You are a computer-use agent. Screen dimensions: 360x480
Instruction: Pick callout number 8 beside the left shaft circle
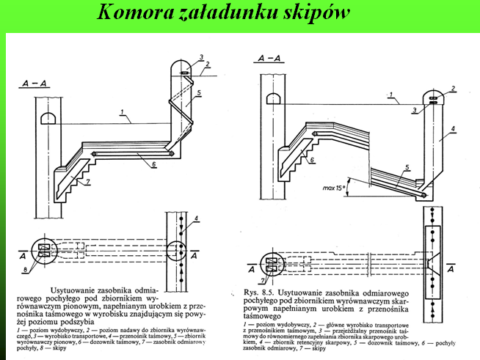(x=26, y=273)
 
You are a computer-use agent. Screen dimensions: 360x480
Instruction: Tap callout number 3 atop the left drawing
(x=200, y=57)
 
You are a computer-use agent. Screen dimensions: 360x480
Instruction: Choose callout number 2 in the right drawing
(x=454, y=88)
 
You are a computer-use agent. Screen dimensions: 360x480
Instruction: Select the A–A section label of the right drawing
(x=267, y=56)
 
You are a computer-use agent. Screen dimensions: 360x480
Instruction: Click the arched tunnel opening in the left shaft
(x=46, y=118)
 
